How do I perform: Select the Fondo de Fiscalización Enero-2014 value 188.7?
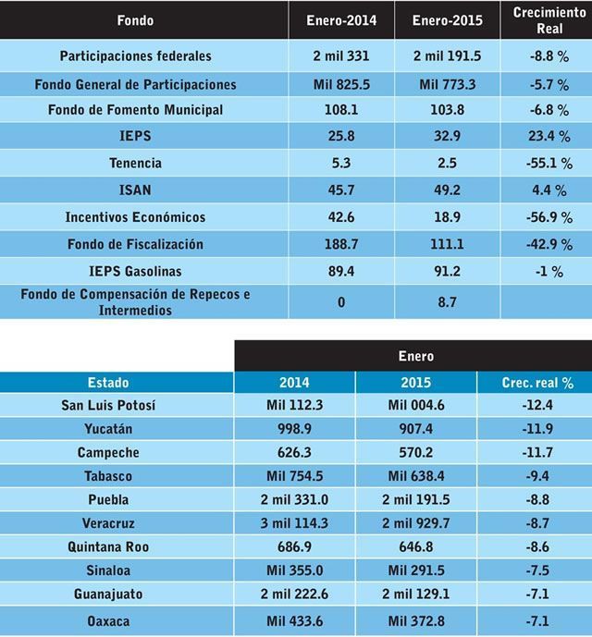(341, 244)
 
